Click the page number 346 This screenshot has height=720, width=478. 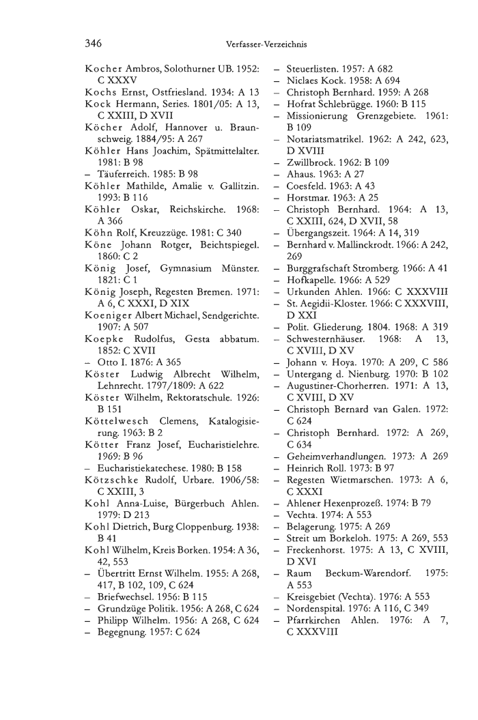(x=94, y=44)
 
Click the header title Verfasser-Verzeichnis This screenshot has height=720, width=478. (x=266, y=45)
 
